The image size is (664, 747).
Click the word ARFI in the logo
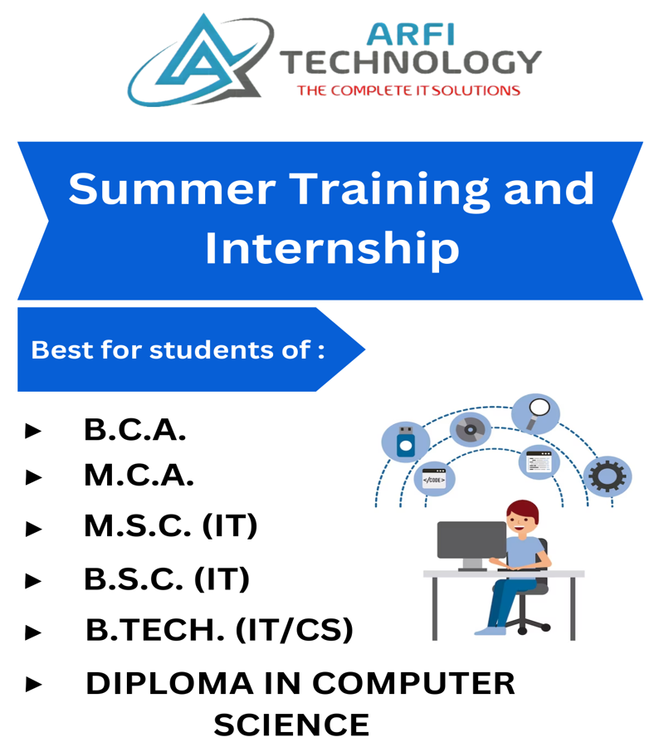pos(411,35)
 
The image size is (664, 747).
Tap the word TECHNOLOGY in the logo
pos(411,63)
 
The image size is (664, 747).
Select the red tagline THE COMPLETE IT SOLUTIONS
pos(408,90)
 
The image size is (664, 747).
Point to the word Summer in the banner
pos(172,189)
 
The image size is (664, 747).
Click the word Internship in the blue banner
pos(332,249)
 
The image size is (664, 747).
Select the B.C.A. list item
pos(135,430)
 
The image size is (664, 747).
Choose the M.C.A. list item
pos(139,476)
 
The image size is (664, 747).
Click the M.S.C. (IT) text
pos(171,526)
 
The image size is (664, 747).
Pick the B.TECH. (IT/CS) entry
pos(220,629)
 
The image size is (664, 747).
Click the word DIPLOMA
pos(169,684)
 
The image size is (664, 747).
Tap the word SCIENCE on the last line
pos(291,725)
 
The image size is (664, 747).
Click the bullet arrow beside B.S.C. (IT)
pos(33,581)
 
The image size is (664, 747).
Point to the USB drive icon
pos(406,442)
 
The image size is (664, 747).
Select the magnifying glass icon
pos(538,413)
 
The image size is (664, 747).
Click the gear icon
pos(608,476)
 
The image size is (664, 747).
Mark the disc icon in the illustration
pos(470,429)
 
